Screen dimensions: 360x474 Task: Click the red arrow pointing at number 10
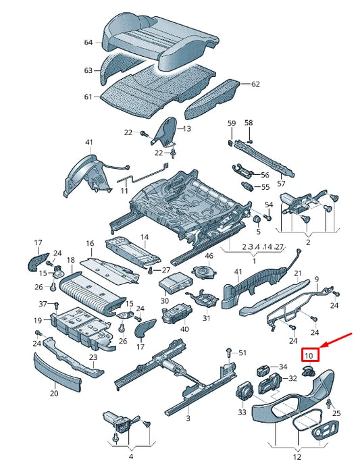point(336,340)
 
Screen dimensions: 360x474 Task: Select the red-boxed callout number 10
point(310,355)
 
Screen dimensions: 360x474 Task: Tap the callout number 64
point(88,43)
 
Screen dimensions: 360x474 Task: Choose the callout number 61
point(88,97)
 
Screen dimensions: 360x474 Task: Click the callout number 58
point(249,123)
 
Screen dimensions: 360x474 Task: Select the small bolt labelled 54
point(268,217)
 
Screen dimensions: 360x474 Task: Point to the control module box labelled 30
point(176,283)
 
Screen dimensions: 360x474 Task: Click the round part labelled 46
point(205,271)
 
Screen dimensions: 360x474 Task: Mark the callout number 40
point(184,329)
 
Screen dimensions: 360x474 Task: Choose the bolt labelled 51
point(229,352)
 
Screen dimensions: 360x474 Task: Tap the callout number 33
point(242,411)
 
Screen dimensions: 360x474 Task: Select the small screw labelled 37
point(56,305)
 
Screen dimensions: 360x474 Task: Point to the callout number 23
point(93,357)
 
